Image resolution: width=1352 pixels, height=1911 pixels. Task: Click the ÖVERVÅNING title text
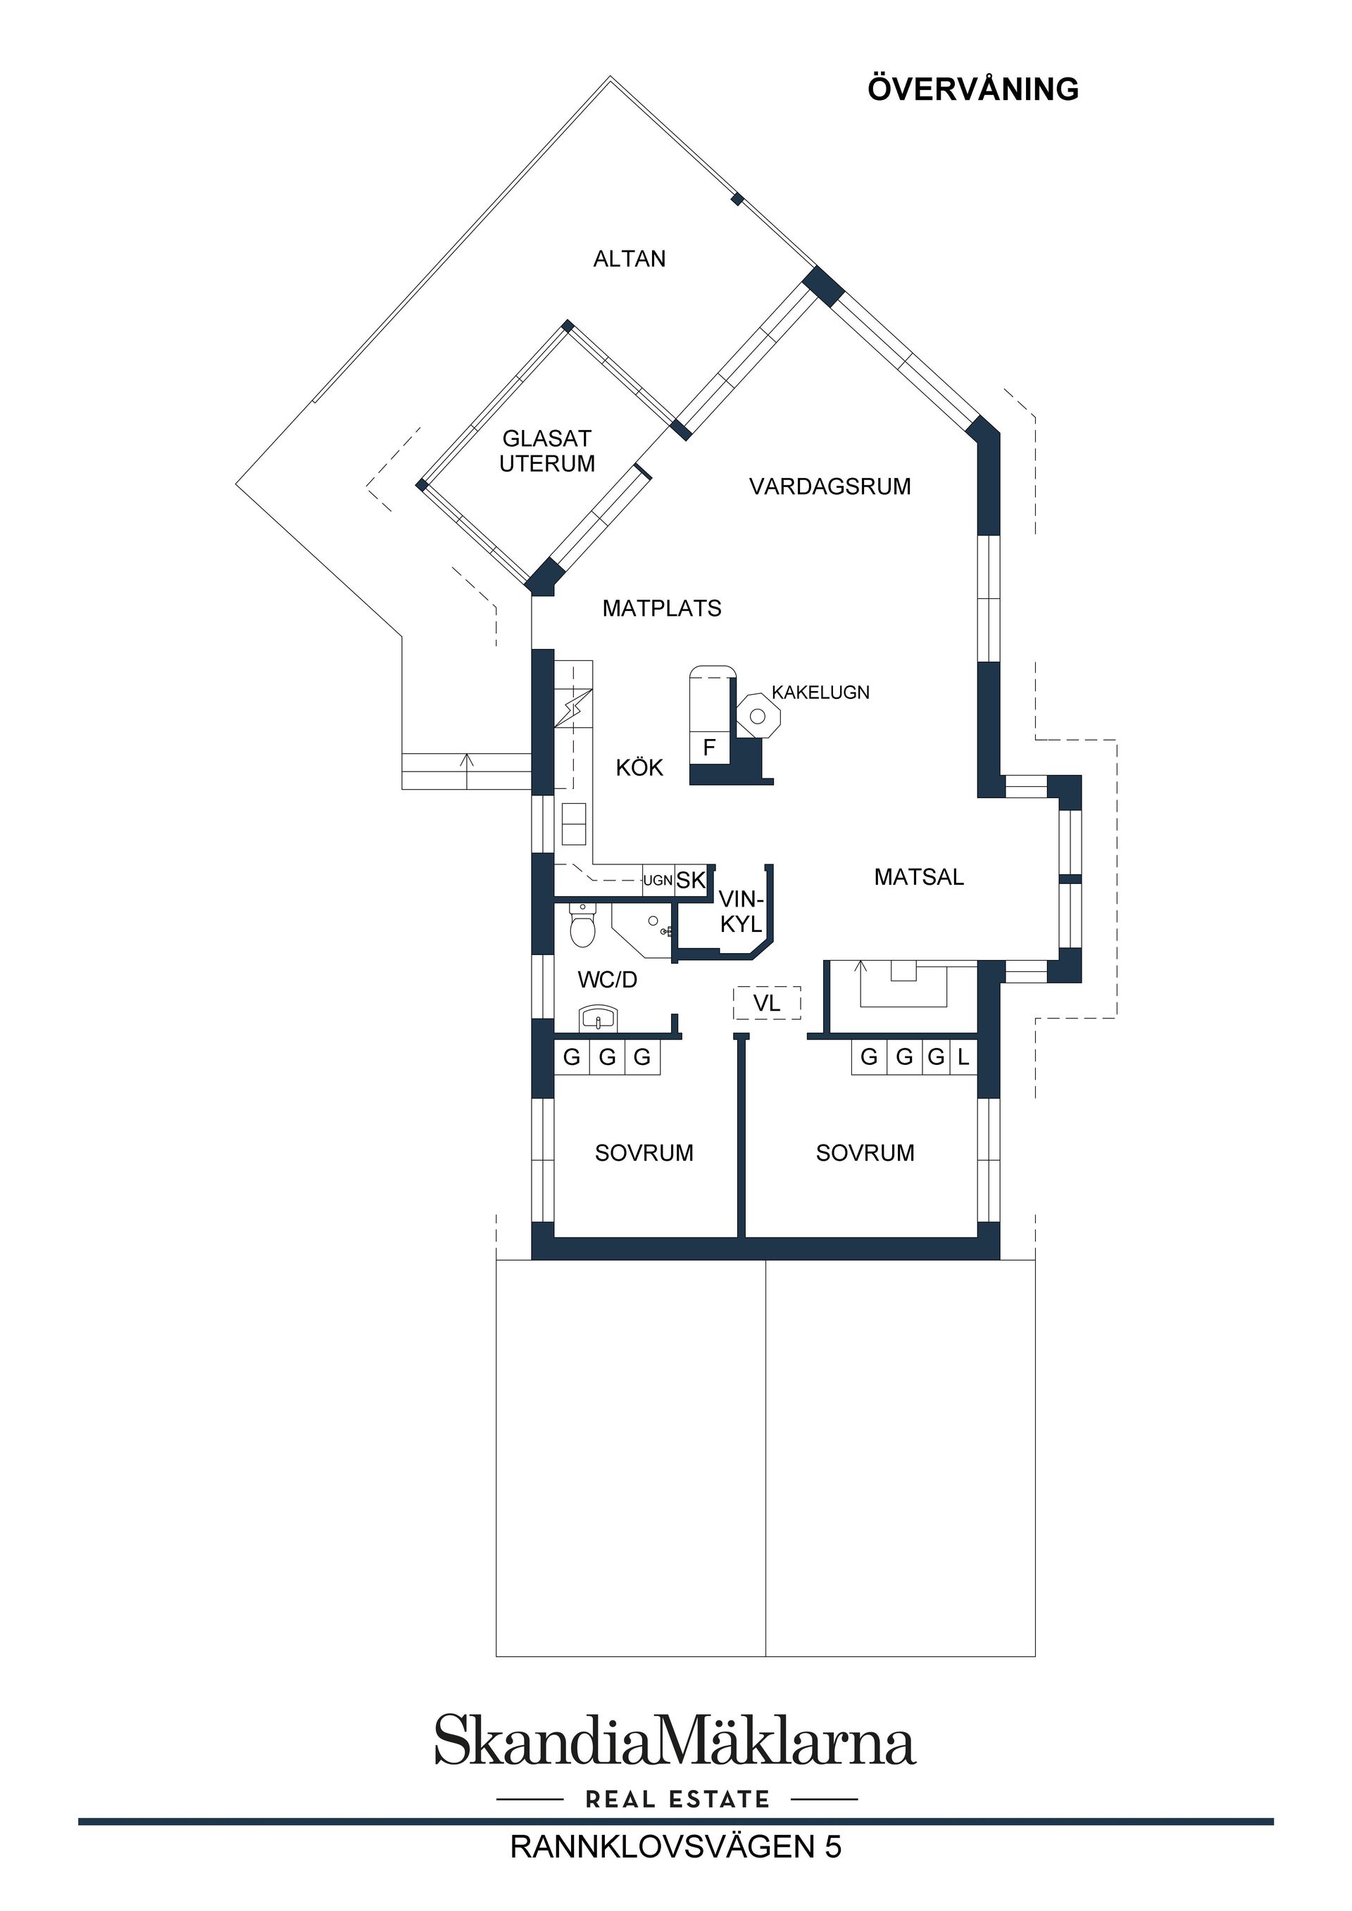[972, 90]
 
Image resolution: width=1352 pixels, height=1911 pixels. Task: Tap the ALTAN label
[630, 259]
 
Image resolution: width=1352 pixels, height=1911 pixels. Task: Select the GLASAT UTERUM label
[547, 451]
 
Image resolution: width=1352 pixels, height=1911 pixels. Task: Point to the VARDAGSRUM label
[830, 486]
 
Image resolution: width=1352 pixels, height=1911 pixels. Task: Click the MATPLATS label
[662, 608]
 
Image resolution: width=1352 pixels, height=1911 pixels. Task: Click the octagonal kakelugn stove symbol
[758, 715]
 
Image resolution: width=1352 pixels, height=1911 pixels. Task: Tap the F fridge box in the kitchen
[709, 748]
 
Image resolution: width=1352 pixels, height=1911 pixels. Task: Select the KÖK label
[639, 767]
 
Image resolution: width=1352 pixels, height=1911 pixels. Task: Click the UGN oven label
[658, 881]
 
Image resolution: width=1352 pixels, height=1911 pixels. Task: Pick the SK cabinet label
[691, 881]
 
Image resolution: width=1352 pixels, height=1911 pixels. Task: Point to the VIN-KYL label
[741, 912]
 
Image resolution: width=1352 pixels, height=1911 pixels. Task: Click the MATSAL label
[919, 876]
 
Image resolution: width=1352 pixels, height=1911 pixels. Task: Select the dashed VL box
[767, 1003]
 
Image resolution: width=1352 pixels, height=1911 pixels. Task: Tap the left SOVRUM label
[644, 1153]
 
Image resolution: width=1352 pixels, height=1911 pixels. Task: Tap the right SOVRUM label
[865, 1153]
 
